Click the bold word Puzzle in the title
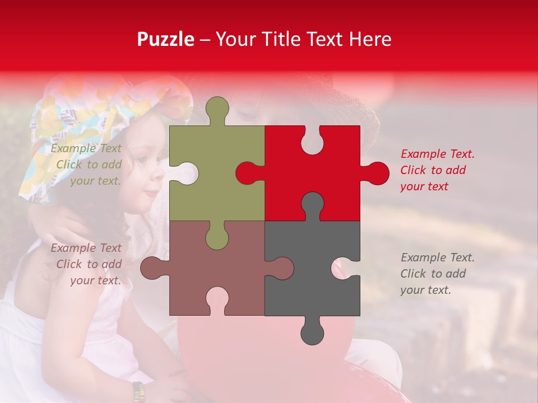166,39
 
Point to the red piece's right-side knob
377,174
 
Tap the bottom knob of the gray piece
312,332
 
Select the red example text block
437,170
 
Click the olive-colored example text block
87,165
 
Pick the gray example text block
437,274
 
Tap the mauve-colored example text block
87,264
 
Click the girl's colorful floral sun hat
84,123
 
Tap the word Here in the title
370,39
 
